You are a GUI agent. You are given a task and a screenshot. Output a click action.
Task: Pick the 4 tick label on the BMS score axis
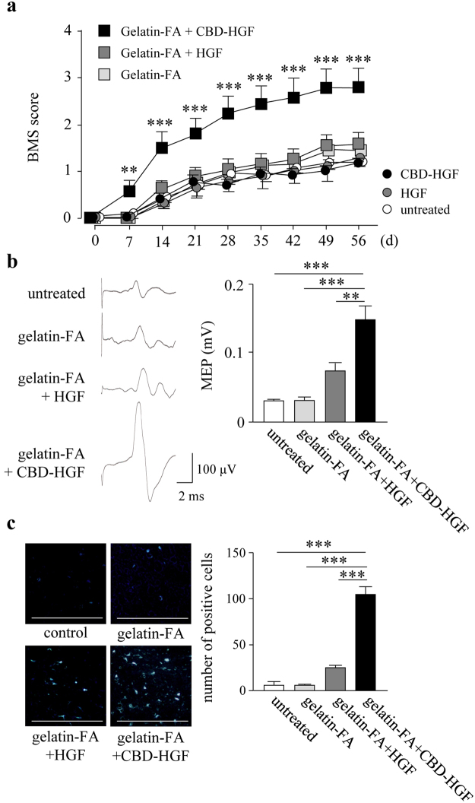67,31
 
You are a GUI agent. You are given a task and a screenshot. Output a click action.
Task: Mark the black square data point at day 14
162,148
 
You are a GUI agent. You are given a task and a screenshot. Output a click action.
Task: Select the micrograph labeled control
65,581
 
